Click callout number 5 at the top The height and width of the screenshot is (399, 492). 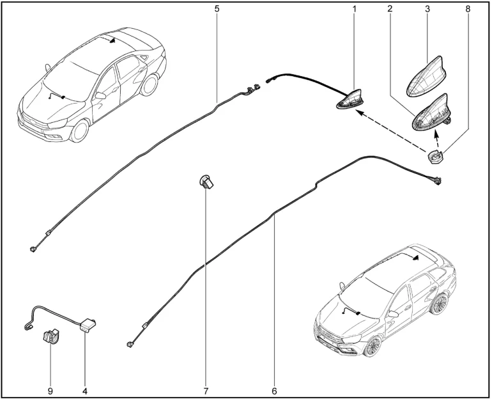coord(217,9)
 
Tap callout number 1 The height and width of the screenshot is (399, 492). coord(354,9)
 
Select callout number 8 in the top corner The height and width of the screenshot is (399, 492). coord(468,9)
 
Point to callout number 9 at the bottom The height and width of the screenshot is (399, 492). coord(50,391)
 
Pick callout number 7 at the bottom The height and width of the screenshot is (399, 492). coord(206,391)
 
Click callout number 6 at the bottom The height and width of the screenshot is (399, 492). coord(275,391)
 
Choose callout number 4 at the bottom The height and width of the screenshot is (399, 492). coord(85,391)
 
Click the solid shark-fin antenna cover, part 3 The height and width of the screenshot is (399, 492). coord(427,76)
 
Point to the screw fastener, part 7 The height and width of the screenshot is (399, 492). coord(206,181)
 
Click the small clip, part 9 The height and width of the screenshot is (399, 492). coord(50,336)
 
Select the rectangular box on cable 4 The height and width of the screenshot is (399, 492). coord(88,324)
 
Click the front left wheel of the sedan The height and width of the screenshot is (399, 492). coord(79,131)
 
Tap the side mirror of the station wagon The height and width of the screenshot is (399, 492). coord(393,314)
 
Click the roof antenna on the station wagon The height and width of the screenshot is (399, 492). coord(415,258)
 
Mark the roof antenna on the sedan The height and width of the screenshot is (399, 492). coord(112,40)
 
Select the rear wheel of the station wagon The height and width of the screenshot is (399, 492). coord(439,304)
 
